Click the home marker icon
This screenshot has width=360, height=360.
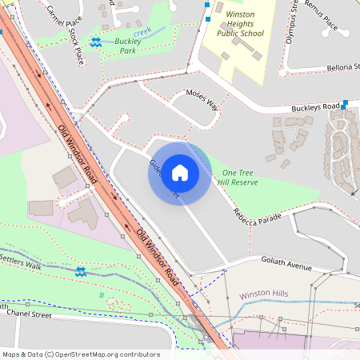click(x=180, y=172)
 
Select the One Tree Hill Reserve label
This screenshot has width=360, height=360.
click(x=240, y=178)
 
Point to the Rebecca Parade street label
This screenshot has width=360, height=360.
click(x=259, y=210)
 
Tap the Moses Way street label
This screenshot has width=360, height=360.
click(x=202, y=98)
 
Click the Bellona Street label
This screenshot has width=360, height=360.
click(x=343, y=68)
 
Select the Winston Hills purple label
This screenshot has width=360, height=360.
click(x=264, y=294)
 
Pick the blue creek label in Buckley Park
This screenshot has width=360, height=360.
click(x=142, y=31)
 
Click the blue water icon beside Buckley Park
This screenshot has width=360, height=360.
click(x=96, y=42)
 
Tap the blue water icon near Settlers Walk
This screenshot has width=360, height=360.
click(x=81, y=272)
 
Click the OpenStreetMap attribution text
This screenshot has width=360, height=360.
click(x=80, y=354)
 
